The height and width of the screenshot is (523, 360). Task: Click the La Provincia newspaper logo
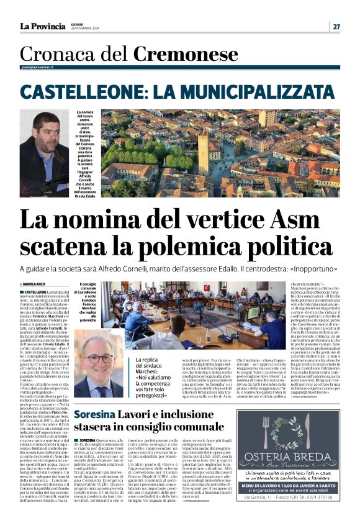[x=42, y=26]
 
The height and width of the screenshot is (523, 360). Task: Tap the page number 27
[x=336, y=26]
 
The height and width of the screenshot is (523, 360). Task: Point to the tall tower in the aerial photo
[x=204, y=152]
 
